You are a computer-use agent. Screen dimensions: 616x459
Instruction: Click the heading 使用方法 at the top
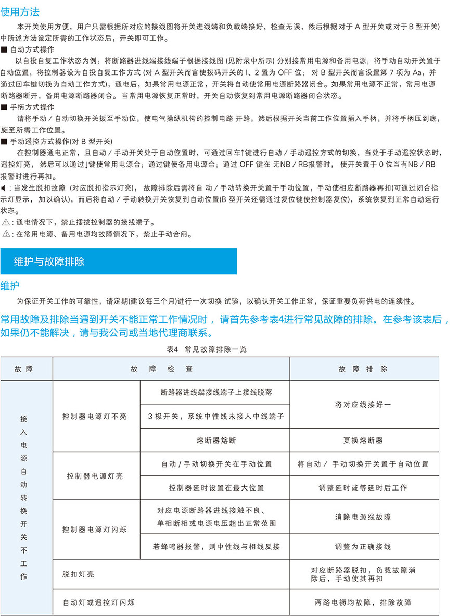tap(20, 12)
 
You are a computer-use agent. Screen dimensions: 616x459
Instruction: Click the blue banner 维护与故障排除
tap(49, 261)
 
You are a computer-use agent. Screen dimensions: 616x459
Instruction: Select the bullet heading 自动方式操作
tap(32, 49)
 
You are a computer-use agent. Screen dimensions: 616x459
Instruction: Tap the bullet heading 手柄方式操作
tap(32, 107)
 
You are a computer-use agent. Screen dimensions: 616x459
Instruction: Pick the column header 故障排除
tap(363, 369)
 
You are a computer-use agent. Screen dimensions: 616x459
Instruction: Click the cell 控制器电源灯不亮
tap(95, 417)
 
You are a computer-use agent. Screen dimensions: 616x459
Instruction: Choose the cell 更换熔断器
tap(363, 440)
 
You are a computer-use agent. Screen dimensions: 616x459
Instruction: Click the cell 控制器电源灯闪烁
tap(95, 530)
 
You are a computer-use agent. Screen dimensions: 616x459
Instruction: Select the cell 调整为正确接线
tap(363, 547)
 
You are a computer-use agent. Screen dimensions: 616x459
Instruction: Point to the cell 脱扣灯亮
tap(78, 574)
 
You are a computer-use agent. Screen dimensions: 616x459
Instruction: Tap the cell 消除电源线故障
tap(363, 517)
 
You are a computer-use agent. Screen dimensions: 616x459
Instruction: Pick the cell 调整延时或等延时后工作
tap(363, 488)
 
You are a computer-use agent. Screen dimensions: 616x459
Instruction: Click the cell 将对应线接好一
tap(363, 404)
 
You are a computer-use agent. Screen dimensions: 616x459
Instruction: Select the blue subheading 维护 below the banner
tap(10, 285)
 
